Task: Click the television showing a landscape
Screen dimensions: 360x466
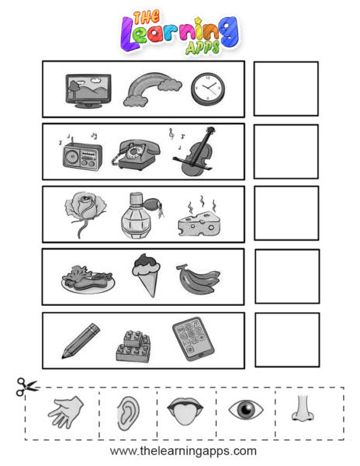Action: click(88, 91)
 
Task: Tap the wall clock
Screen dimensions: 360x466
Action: click(208, 89)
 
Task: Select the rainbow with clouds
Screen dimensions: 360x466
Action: click(152, 89)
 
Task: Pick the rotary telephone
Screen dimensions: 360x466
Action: click(136, 155)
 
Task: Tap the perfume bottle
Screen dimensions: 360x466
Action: click(140, 216)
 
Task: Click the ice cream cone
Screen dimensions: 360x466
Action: click(147, 275)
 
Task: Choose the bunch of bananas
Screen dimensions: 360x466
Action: click(199, 279)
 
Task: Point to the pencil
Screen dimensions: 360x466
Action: click(81, 341)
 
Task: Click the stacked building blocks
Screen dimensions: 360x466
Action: click(133, 346)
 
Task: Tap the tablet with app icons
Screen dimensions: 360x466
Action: click(193, 339)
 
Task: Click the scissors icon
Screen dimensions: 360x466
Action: click(26, 387)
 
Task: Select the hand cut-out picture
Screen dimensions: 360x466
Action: click(66, 412)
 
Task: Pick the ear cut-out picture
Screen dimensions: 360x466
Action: click(128, 414)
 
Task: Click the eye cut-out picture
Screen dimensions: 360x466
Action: click(246, 409)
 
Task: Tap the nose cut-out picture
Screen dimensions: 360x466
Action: click(303, 408)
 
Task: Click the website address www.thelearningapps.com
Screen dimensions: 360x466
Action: click(183, 450)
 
